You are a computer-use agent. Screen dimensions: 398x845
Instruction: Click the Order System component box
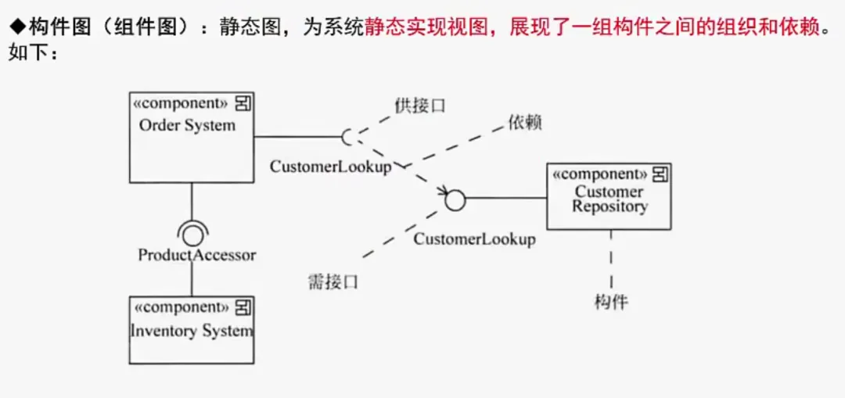192,149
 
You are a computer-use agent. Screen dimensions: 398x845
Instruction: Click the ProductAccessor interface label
197,255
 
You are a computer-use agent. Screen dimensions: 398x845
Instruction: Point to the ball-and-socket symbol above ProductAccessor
192,234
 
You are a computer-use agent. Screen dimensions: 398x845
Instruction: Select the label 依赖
524,123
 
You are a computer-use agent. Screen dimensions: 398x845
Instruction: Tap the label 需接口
333,282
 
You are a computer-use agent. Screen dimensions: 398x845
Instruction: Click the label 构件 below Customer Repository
611,302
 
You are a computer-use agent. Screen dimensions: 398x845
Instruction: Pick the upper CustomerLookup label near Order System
330,167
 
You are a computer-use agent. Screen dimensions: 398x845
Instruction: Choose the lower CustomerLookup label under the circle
474,239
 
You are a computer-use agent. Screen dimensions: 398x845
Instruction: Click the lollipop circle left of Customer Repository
455,200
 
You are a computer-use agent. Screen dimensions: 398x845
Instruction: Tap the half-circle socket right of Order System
348,137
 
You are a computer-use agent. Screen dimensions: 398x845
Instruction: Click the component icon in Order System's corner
243,103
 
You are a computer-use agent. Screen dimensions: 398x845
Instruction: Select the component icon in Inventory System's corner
243,307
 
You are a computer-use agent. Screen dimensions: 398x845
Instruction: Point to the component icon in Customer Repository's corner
660,174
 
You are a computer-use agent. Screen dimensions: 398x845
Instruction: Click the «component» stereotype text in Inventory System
181,307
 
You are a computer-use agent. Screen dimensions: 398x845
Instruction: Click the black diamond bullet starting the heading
16,30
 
